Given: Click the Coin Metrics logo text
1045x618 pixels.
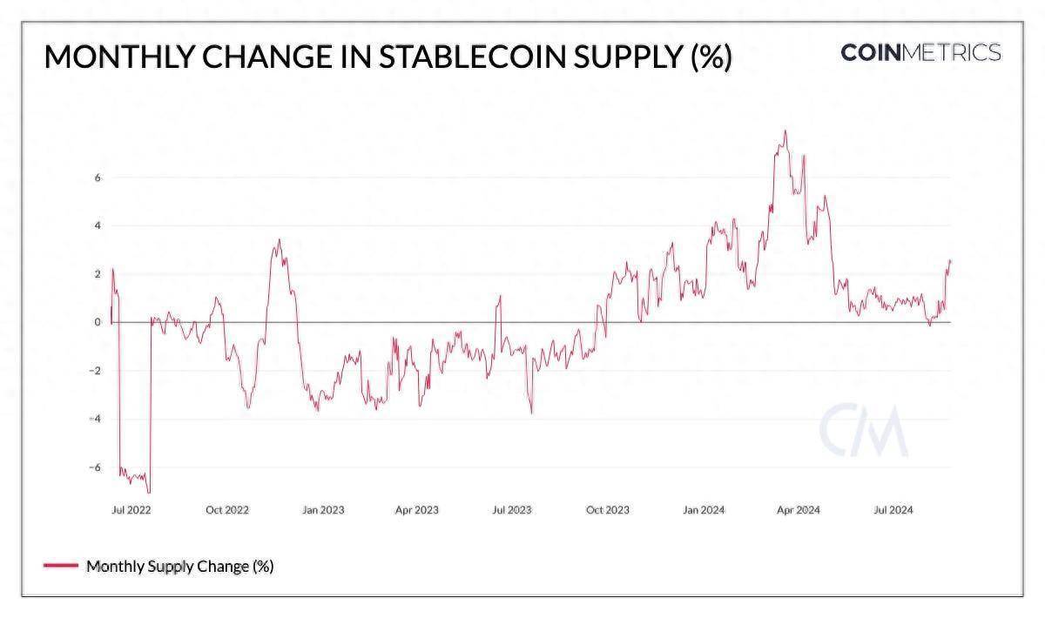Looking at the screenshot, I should click(x=920, y=52).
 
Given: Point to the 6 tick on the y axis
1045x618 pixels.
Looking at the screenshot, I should click(x=98, y=178).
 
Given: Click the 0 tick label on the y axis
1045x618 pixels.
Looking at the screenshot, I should click(x=98, y=323).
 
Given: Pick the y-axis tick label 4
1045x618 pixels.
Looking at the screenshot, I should click(x=98, y=226).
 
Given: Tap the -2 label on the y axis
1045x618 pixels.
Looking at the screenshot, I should click(x=96, y=371).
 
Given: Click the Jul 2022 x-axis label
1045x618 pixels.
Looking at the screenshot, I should click(x=131, y=510).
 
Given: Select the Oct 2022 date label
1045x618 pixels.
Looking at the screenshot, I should click(x=227, y=510).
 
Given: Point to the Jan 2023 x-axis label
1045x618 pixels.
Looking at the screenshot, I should click(x=323, y=510).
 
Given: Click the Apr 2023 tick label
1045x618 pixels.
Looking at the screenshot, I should click(x=417, y=510).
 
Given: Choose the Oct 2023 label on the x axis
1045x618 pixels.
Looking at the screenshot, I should click(x=607, y=510).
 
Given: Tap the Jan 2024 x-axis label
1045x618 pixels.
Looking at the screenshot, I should click(x=703, y=510).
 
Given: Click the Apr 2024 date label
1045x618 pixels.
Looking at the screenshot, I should click(x=798, y=510).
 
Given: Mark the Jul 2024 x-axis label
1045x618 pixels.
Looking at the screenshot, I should click(x=893, y=510).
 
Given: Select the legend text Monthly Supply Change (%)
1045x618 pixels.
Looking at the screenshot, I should click(x=180, y=567).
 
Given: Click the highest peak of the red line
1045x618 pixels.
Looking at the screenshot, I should click(x=785, y=131).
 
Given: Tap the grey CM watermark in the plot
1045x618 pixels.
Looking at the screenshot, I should click(x=863, y=431).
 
